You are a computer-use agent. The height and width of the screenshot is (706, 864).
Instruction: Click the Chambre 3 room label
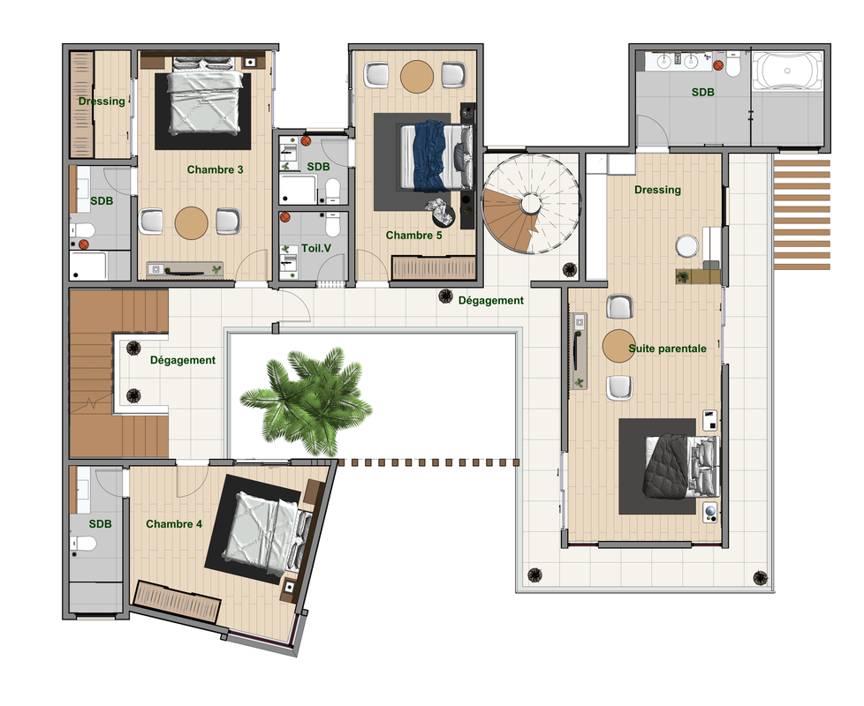(215, 169)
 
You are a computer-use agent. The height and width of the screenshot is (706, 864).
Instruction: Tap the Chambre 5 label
(413, 236)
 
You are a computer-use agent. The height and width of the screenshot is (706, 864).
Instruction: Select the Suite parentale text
(667, 349)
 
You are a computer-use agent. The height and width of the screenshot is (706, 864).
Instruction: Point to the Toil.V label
(316, 248)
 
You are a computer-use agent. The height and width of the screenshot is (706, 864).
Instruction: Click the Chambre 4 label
(174, 524)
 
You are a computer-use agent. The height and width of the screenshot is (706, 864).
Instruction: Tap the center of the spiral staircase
(531, 204)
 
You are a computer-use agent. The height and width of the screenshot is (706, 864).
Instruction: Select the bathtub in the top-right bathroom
(787, 71)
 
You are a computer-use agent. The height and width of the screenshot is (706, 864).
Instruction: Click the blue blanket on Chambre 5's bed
(429, 156)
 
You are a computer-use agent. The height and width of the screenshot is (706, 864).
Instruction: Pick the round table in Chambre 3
(191, 223)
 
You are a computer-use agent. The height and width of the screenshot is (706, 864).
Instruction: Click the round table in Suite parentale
(618, 346)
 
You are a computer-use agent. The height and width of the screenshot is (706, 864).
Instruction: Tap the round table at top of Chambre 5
(417, 77)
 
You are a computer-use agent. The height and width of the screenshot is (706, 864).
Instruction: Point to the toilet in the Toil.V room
(333, 225)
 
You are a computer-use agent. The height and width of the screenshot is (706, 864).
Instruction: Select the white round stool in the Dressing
(687, 246)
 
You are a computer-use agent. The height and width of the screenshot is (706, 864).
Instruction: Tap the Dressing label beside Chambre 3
(102, 101)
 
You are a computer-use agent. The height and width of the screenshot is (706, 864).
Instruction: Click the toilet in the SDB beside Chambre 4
(83, 544)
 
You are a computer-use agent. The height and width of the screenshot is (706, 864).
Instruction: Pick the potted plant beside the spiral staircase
(569, 270)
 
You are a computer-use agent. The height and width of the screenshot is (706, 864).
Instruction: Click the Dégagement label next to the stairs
(183, 360)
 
